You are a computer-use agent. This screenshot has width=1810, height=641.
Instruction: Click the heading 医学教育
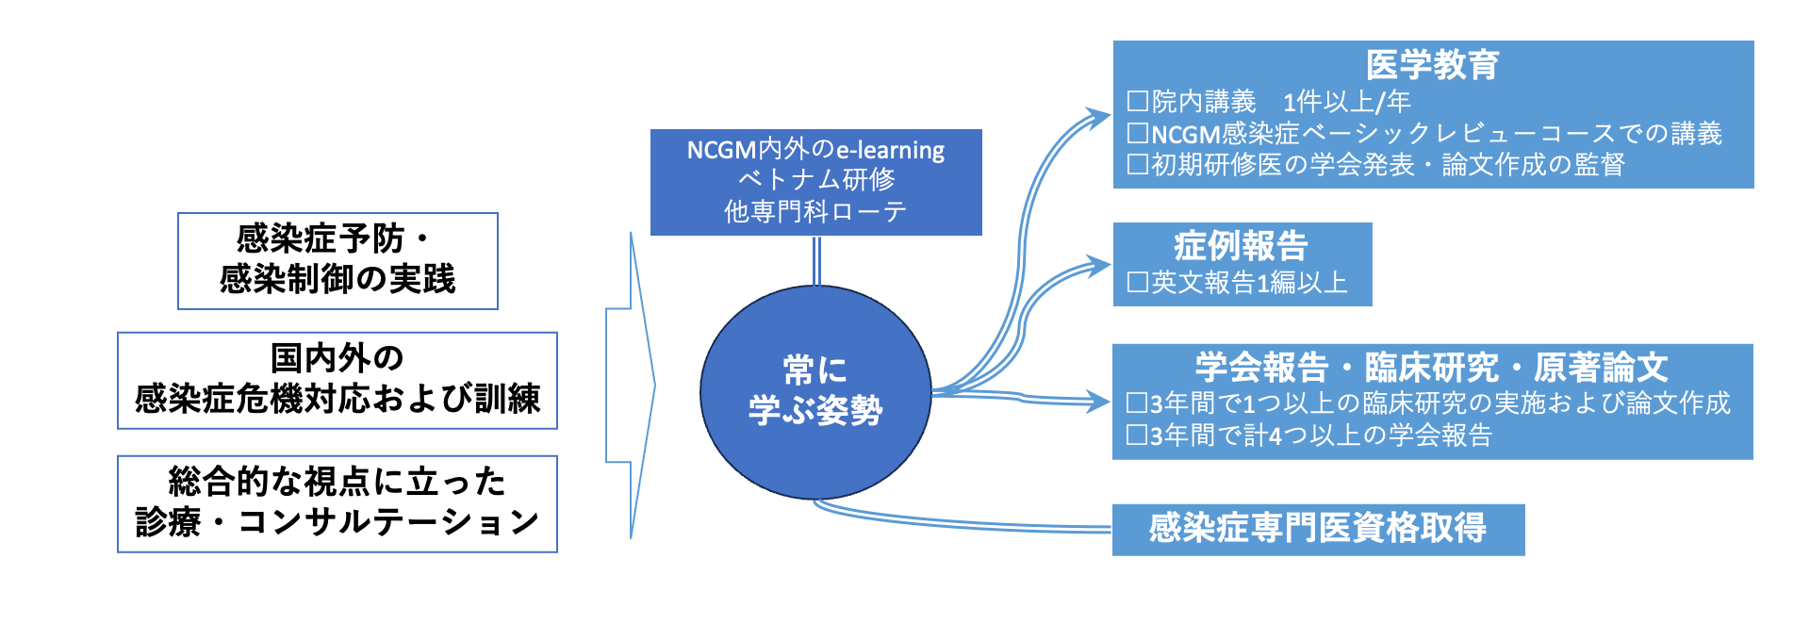click(1432, 65)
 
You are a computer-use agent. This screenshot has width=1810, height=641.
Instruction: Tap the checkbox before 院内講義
click(1138, 101)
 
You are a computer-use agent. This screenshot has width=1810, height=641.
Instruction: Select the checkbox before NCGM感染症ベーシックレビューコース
click(1138, 134)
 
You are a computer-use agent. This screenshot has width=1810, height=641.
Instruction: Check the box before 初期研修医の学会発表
click(1138, 165)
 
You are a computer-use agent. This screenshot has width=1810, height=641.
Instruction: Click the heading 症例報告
click(1241, 246)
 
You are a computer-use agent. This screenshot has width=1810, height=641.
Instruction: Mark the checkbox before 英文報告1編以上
click(1138, 282)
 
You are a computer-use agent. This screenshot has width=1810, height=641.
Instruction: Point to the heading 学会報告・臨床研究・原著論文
click(1431, 367)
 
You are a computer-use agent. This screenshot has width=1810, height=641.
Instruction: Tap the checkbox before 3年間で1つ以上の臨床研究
click(1138, 403)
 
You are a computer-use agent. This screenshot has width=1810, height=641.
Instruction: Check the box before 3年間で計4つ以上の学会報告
click(1138, 436)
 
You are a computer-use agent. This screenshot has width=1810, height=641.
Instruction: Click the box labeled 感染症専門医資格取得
click(1317, 528)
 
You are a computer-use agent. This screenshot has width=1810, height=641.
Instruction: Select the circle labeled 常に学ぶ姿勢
click(815, 391)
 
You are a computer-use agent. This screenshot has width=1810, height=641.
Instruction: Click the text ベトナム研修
click(816, 179)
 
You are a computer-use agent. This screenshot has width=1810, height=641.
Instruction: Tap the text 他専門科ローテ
click(816, 211)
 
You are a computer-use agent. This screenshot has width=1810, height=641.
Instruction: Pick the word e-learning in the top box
click(890, 150)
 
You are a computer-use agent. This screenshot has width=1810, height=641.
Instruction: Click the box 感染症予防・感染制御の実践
click(337, 260)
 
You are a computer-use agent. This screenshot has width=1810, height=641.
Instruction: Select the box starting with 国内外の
click(337, 380)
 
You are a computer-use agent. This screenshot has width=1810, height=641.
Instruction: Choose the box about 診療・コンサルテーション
click(337, 503)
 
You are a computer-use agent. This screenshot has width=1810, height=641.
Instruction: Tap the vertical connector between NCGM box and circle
click(816, 260)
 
